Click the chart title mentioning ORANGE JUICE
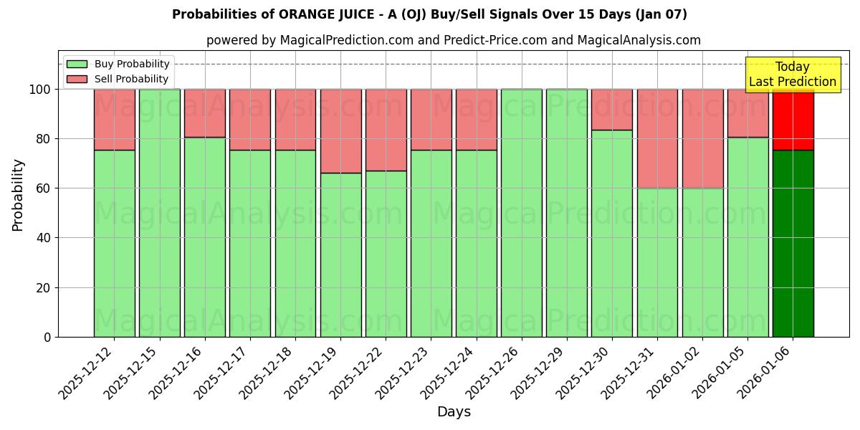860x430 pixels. (x=429, y=14)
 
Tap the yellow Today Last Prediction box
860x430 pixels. (x=792, y=75)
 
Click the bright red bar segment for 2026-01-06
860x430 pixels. (x=793, y=119)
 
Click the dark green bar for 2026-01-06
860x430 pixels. (x=793, y=244)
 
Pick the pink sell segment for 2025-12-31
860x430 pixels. (x=657, y=138)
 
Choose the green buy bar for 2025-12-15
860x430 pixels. (x=159, y=213)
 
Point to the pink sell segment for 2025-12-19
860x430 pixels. (x=340, y=131)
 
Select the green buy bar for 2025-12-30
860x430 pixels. (x=612, y=233)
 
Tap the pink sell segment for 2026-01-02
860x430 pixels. (x=702, y=138)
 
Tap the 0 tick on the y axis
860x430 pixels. (x=47, y=337)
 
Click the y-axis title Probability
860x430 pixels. (x=18, y=195)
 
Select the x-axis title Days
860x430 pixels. (x=454, y=412)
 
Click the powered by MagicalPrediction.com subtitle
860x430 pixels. (x=453, y=40)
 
